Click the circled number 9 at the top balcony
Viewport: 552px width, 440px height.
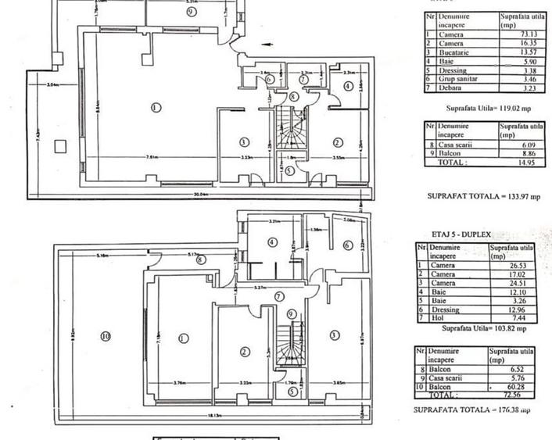click(190, 13)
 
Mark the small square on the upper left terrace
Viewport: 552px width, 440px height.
click(59, 145)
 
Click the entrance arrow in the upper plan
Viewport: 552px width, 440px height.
click(264, 67)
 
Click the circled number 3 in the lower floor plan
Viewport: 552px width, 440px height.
click(335, 335)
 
